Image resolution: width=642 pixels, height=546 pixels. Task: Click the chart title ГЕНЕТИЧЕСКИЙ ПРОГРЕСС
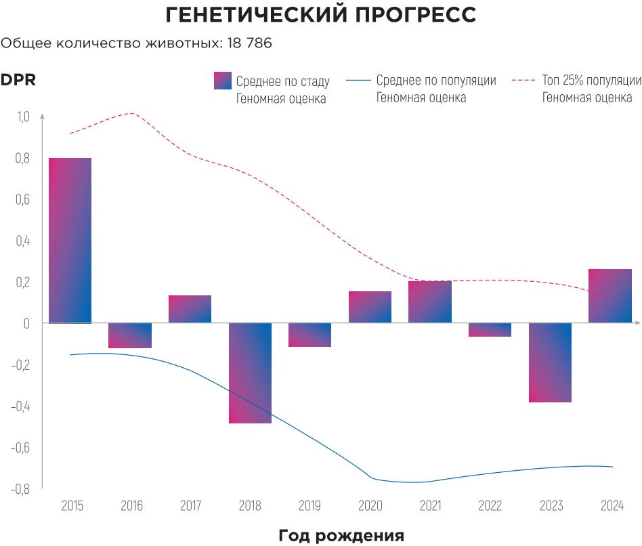[x=321, y=15]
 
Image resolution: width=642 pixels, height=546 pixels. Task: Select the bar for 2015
[x=70, y=240]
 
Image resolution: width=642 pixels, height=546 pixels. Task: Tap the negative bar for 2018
[x=250, y=373]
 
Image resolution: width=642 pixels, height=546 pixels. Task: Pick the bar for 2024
[x=609, y=296]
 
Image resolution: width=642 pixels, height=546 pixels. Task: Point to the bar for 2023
[x=550, y=362]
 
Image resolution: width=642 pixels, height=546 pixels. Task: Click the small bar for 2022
[x=490, y=330]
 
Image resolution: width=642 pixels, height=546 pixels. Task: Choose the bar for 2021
[x=430, y=302]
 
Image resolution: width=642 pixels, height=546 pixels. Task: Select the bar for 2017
[x=190, y=310]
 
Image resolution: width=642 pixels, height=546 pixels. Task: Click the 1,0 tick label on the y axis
[x=23, y=117]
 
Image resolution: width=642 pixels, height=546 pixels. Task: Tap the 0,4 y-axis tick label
[x=23, y=241]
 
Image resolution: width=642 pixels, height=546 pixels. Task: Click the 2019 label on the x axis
[x=310, y=506]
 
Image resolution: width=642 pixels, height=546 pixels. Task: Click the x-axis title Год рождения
[x=341, y=536]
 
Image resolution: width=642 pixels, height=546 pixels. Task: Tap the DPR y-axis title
[x=18, y=80]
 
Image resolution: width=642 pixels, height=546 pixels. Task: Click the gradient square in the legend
[x=222, y=81]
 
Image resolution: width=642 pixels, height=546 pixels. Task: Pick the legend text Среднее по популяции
[x=436, y=81]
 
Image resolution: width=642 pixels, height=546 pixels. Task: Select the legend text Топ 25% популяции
[x=591, y=81]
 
